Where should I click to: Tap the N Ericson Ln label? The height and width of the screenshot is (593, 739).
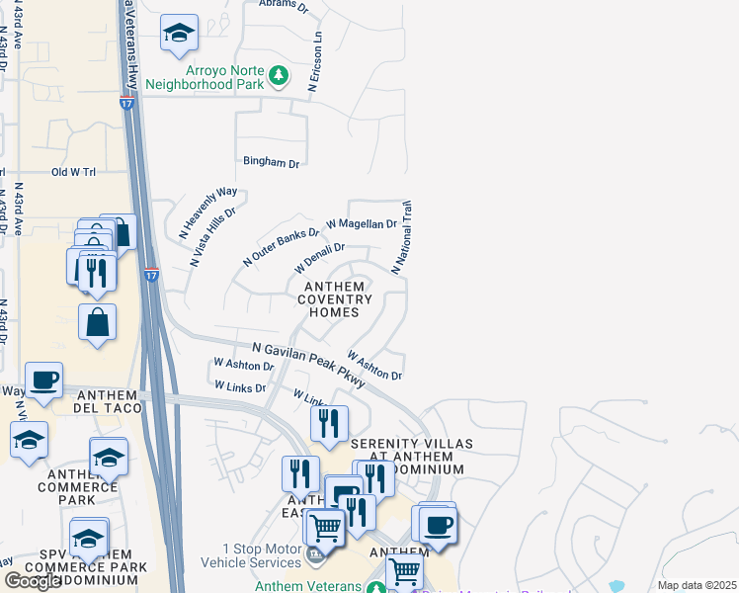point(315,62)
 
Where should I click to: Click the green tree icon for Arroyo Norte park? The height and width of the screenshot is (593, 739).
point(280,74)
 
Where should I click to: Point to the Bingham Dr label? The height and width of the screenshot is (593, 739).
point(271,162)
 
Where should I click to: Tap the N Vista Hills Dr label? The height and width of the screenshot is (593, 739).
point(214,238)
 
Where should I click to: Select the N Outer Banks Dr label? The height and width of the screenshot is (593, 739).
point(282,247)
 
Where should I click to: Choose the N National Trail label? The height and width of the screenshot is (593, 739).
point(402,238)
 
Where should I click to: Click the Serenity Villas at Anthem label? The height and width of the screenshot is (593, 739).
point(398,457)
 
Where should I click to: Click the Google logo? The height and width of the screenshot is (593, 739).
point(33,581)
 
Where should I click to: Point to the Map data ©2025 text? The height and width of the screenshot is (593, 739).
point(697,585)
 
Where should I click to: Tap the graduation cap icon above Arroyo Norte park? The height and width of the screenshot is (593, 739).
point(179,33)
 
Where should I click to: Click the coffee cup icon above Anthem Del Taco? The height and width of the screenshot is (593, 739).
point(44,380)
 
